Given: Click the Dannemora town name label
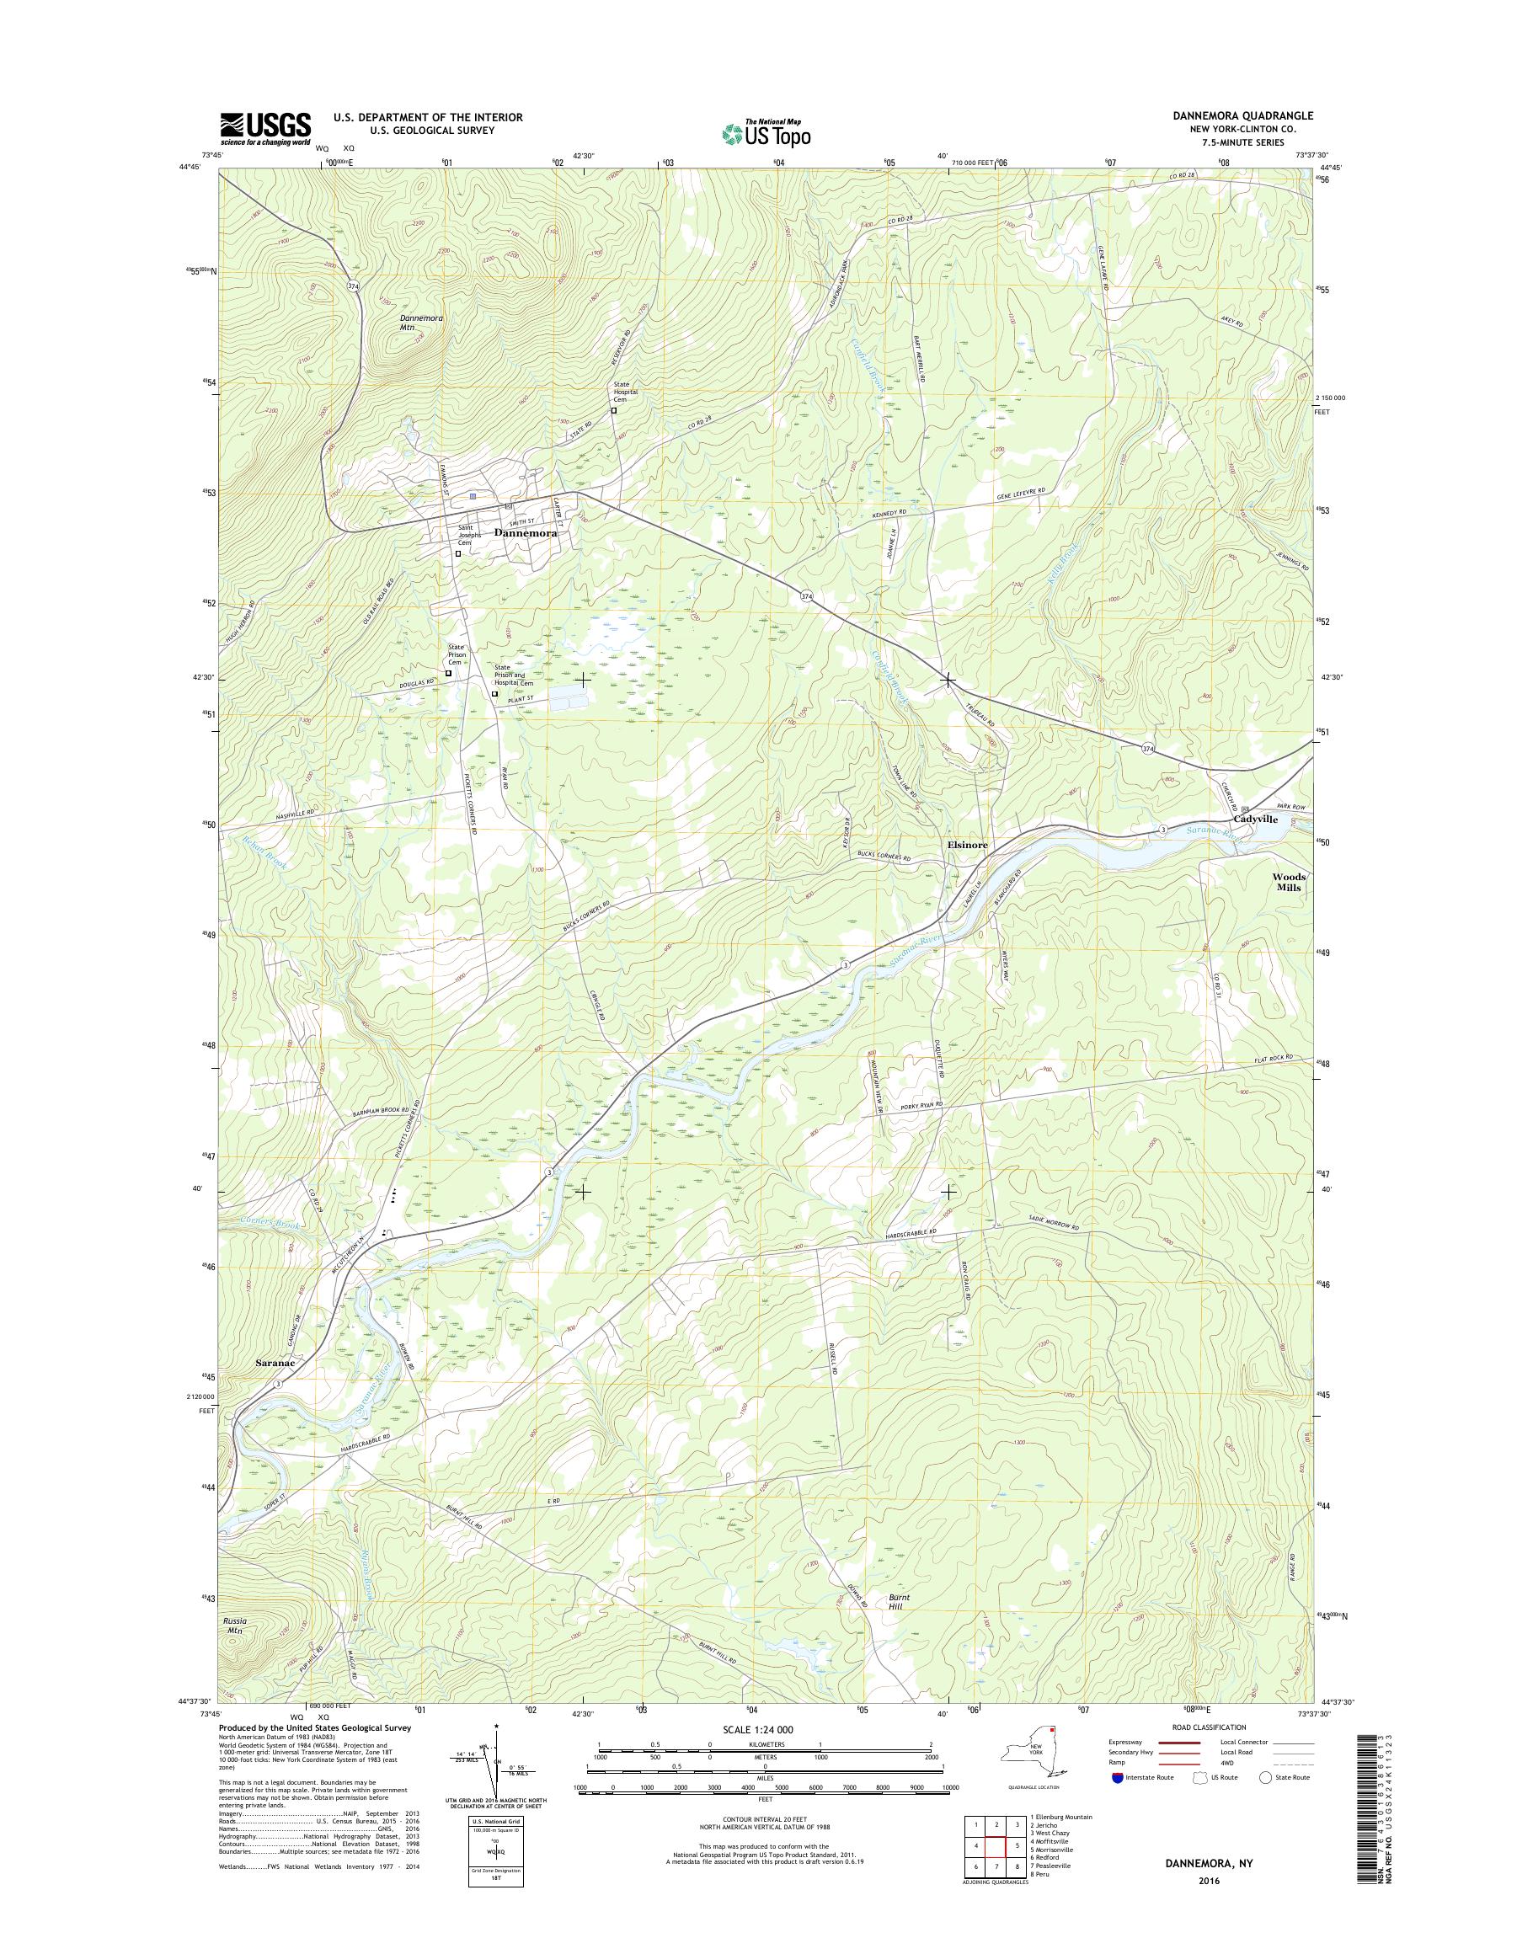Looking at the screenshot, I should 525,533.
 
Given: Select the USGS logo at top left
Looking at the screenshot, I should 265,129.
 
